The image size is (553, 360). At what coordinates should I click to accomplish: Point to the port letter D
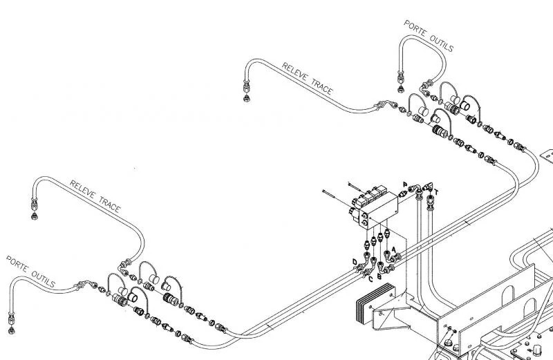pos(355,262)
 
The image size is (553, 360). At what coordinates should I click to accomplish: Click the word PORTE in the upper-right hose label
pos(415,29)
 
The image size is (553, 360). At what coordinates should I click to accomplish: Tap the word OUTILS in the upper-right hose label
pos(441,43)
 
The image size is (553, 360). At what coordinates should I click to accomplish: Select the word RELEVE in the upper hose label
pos(295,73)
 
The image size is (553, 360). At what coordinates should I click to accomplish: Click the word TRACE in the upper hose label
pos(322,88)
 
